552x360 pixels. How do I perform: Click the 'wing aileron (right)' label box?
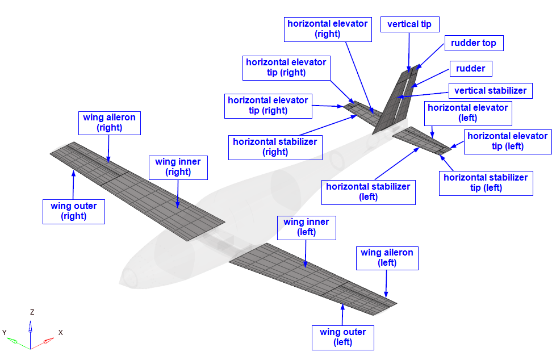pyautogui.click(x=110, y=123)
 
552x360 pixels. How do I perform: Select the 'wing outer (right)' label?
pyautogui.click(x=74, y=211)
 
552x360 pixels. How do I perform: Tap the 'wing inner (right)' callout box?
pyautogui.click(x=178, y=166)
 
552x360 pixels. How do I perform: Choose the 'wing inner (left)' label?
pyautogui.click(x=306, y=227)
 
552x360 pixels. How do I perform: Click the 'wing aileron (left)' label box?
pyautogui.click(x=387, y=257)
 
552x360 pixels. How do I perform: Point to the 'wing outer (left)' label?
pyautogui.click(x=343, y=337)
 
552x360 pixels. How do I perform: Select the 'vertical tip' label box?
pyautogui.click(x=409, y=24)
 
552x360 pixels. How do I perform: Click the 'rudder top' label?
pyautogui.click(x=473, y=43)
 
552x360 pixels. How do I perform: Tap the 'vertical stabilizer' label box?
pyautogui.click(x=490, y=90)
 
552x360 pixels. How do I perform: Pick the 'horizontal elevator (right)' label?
pyautogui.click(x=327, y=28)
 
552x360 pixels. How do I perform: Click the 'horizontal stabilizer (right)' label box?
pyautogui.click(x=275, y=146)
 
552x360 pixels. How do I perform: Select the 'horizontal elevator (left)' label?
pyautogui.click(x=467, y=112)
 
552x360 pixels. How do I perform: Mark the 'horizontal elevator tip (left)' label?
pyautogui.click(x=507, y=141)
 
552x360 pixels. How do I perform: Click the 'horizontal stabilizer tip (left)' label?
pyautogui.click(x=486, y=182)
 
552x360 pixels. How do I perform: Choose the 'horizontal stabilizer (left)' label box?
pyautogui.click(x=368, y=191)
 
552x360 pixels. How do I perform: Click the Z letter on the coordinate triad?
pyautogui.click(x=32, y=312)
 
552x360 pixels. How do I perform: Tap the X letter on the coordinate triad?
pyautogui.click(x=60, y=333)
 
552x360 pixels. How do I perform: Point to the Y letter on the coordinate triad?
pyautogui.click(x=5, y=332)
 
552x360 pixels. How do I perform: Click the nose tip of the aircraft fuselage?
pyautogui.click(x=121, y=282)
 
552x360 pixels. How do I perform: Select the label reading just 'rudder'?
pyautogui.click(x=470, y=69)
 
